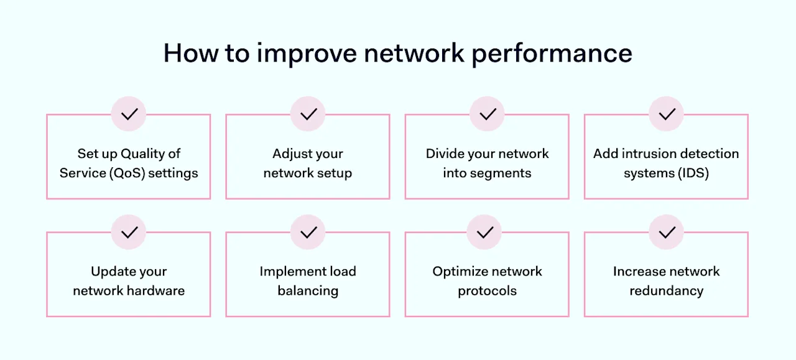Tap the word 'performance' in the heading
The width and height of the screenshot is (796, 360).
point(552,54)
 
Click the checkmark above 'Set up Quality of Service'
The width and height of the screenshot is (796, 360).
point(129,114)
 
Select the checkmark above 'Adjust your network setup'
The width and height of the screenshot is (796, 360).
point(308,114)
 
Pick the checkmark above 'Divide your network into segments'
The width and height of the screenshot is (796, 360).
point(488,114)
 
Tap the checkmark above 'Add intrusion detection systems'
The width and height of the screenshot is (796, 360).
point(667,114)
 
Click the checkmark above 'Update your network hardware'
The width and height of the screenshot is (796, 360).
point(129,233)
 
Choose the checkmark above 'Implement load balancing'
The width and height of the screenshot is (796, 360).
point(308,233)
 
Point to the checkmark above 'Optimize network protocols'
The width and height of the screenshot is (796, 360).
point(484,233)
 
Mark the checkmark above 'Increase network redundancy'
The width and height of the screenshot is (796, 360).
point(667,233)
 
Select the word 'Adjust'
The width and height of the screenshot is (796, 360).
point(292,154)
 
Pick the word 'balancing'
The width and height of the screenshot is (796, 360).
point(308,290)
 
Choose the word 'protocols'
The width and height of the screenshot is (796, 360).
point(488,290)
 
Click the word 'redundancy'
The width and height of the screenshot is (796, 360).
point(667,290)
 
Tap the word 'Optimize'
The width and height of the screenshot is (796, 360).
point(461,272)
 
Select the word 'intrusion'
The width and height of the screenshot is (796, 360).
point(642,154)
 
